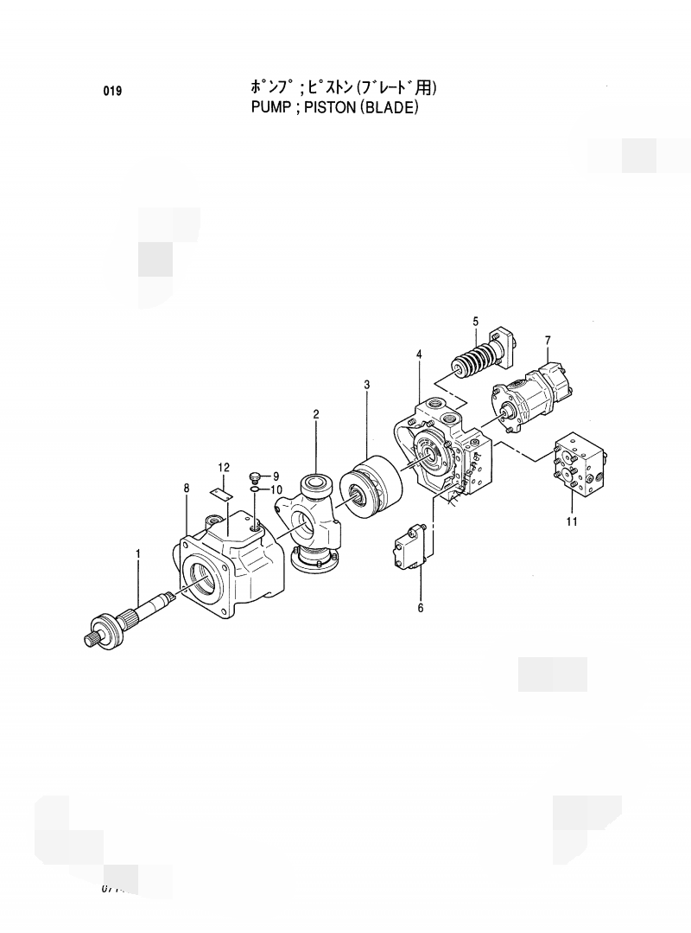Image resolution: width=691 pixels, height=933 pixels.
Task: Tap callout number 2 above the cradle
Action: tap(316, 414)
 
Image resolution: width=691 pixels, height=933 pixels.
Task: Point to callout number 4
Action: tap(419, 354)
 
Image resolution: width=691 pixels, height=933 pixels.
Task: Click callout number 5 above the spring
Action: tap(475, 322)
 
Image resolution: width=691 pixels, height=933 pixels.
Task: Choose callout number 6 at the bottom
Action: tap(421, 608)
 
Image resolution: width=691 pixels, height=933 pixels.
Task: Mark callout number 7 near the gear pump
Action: tap(547, 339)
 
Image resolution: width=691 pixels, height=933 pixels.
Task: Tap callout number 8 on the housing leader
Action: tap(187, 489)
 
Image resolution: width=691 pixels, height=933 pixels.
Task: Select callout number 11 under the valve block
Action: tap(572, 521)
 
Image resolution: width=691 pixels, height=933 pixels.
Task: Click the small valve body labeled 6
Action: tap(409, 549)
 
